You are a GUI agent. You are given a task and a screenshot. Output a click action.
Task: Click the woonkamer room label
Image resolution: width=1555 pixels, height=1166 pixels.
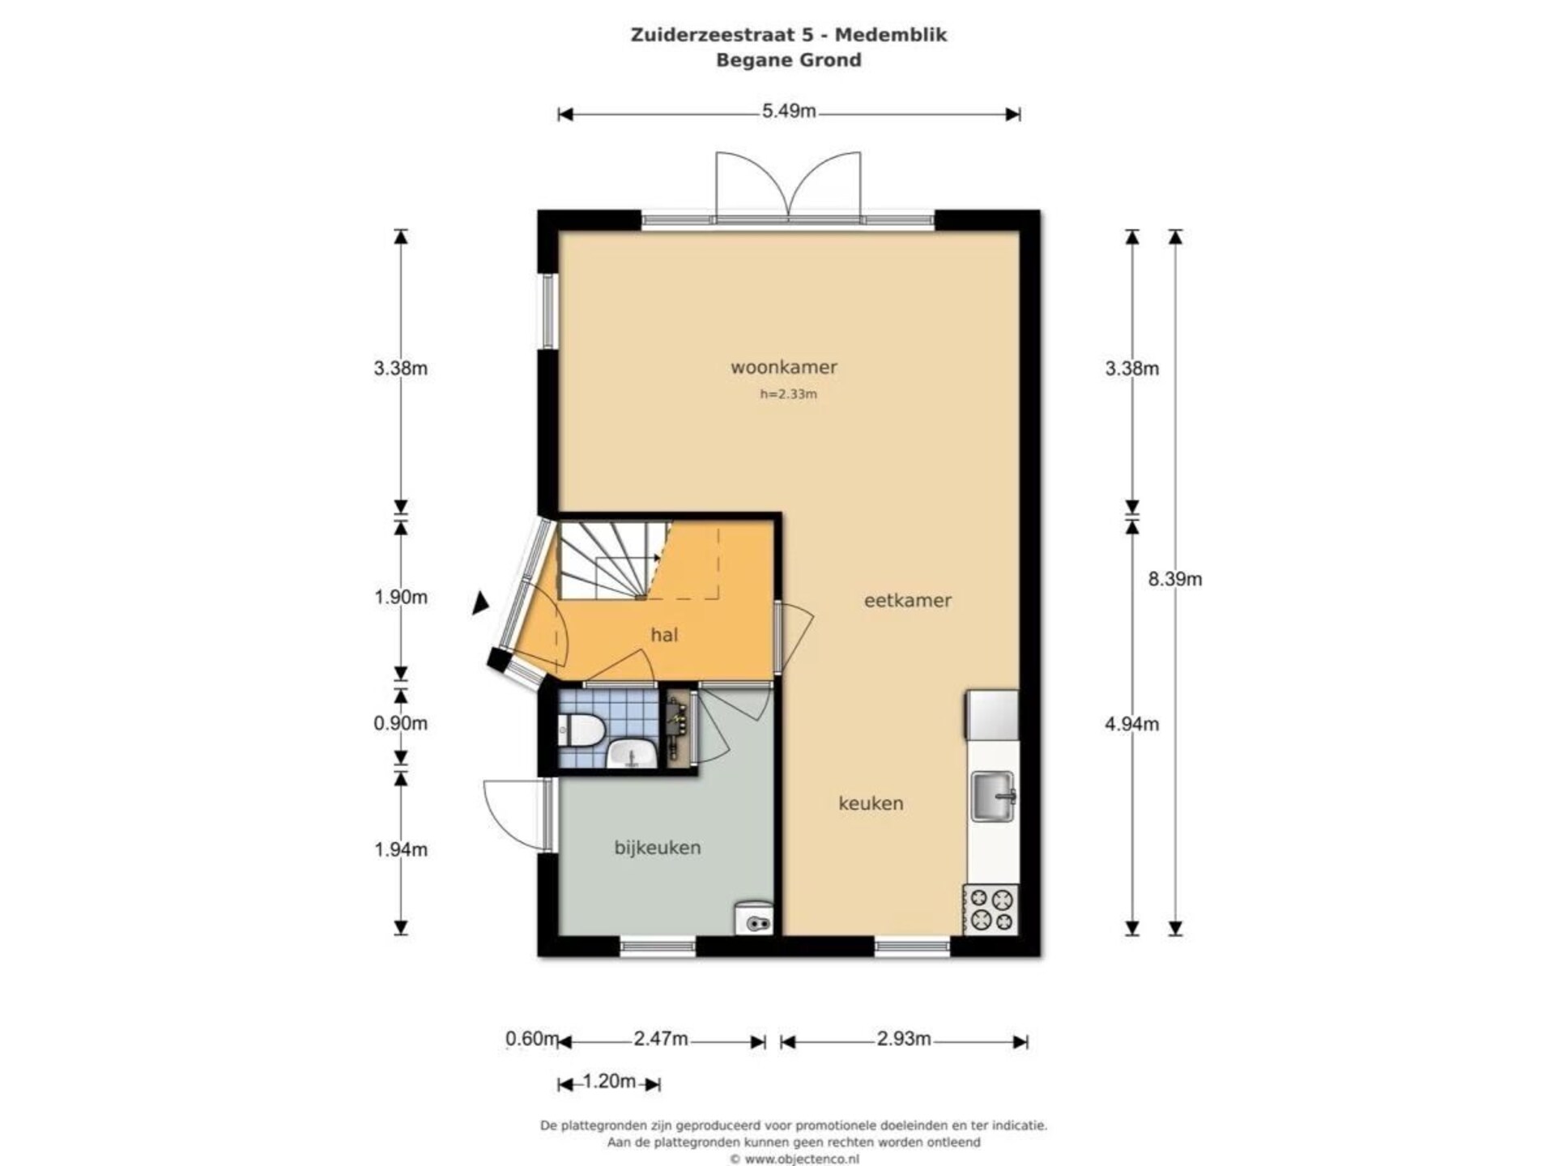783,367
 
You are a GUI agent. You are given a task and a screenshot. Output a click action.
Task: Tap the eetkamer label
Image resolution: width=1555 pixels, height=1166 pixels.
907,600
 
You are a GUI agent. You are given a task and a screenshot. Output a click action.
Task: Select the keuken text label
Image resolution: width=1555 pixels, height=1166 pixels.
871,803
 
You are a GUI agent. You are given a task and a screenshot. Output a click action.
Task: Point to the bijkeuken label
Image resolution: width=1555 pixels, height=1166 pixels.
658,848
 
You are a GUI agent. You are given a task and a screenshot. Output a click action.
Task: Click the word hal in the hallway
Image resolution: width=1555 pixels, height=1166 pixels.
664,635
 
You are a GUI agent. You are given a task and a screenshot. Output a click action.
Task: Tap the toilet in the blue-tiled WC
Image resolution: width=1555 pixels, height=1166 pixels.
579,730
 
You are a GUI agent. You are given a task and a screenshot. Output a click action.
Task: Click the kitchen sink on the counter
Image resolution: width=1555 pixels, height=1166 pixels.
993,797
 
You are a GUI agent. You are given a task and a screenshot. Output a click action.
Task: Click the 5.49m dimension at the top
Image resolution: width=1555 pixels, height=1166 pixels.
789,111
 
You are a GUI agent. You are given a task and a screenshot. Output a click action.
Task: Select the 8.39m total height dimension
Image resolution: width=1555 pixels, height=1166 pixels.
1175,579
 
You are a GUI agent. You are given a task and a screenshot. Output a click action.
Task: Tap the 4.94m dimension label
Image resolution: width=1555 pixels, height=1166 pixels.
1131,724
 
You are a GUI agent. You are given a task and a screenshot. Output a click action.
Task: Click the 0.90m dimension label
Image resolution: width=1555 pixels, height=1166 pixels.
400,723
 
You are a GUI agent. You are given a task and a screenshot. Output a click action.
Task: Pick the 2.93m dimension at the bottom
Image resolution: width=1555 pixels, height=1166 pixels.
904,1039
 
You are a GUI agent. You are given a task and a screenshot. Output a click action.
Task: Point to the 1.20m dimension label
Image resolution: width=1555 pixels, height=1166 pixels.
609,1081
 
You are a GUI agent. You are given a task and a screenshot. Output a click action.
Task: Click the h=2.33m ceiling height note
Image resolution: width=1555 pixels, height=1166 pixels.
788,394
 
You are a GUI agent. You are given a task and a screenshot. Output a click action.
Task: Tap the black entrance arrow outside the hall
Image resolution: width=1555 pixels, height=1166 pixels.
481,602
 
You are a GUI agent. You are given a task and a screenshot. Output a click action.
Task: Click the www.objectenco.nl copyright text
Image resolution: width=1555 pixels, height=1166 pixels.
794,1159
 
